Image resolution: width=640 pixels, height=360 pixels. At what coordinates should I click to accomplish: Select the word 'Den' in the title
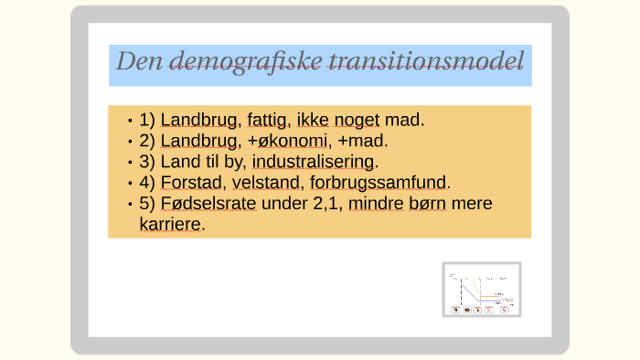point(138,61)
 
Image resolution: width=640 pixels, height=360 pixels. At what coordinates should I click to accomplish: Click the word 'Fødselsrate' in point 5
point(208,203)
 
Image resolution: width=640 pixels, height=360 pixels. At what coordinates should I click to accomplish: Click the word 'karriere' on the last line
point(169,224)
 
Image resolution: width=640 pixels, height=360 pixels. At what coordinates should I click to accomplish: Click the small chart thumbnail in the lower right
point(482,290)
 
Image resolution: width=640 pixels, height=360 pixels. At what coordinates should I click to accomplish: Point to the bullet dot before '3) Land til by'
point(131,162)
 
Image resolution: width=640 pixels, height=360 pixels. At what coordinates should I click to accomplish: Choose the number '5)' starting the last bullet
point(147,203)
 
